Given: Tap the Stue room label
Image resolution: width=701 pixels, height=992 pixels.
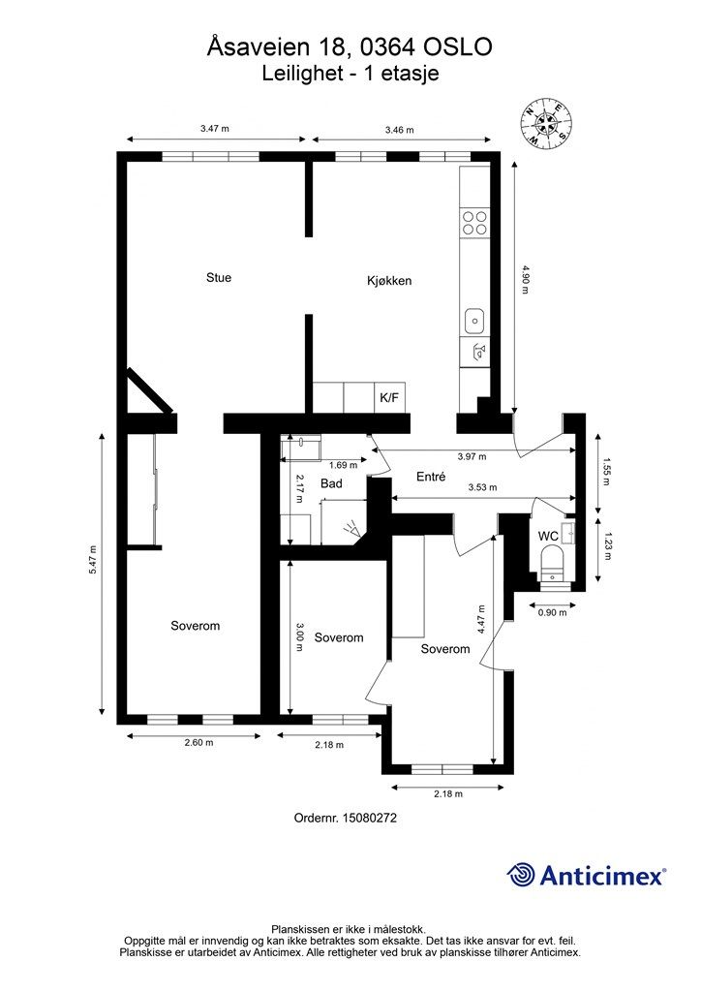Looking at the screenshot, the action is click(219, 278).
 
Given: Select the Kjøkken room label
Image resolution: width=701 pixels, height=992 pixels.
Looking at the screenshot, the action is click(389, 280).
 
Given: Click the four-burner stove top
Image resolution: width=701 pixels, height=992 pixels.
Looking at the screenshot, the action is click(474, 222).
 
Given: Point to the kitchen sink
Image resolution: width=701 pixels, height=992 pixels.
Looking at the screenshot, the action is click(474, 321).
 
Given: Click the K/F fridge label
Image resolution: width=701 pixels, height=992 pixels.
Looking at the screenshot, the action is click(389, 398).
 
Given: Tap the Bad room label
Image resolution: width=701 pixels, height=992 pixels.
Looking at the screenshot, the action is click(331, 484).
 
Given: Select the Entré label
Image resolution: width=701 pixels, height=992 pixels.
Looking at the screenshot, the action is click(431, 477).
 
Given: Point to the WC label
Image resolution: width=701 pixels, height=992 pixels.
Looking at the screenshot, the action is click(548, 536).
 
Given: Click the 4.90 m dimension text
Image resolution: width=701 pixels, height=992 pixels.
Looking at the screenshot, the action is click(525, 280).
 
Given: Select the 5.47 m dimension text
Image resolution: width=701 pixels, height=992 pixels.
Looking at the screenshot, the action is click(92, 560).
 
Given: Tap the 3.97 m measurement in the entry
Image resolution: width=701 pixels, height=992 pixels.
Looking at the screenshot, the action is click(472, 456).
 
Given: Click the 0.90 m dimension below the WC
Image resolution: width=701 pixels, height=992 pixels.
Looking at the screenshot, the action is click(552, 612).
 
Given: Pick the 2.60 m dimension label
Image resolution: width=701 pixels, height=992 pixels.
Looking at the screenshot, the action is click(198, 743).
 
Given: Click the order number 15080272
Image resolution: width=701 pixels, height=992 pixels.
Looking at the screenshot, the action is click(369, 818).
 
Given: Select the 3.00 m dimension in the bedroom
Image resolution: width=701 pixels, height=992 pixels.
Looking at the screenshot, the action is click(299, 637).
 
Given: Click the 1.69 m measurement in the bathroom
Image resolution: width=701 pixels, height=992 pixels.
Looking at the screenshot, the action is click(343, 465).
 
